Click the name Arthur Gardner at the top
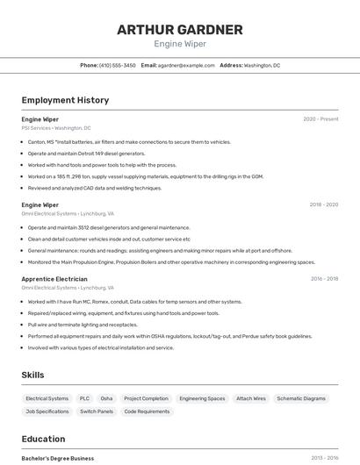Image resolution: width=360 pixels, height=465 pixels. [180, 30]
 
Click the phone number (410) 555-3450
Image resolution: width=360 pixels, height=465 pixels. [118, 65]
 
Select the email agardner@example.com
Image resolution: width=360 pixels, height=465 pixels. [186, 65]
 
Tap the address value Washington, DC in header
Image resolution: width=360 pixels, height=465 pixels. [263, 65]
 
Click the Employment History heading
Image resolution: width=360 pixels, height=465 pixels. [65, 100]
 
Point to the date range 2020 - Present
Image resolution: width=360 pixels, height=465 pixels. [320, 119]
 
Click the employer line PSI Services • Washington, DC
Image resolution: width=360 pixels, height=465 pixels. [56, 128]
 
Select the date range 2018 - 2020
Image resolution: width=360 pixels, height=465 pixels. [323, 204]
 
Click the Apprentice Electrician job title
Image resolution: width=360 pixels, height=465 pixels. [54, 279]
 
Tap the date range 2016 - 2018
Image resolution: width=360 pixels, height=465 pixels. [324, 279]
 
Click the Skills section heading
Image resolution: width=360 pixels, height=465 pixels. [33, 375]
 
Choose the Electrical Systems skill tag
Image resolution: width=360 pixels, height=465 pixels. [47, 398]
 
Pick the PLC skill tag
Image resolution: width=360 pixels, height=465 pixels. [84, 398]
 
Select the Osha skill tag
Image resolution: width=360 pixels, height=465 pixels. [106, 398]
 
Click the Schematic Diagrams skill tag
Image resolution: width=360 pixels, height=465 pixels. [301, 398]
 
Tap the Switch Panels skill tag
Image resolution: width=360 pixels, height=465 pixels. [97, 411]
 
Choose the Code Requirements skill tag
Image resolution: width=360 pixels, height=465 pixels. [147, 411]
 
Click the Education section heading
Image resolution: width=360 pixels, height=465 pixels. [43, 439]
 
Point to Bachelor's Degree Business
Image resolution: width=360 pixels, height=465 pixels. [58, 458]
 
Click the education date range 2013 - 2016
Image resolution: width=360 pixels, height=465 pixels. [324, 458]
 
